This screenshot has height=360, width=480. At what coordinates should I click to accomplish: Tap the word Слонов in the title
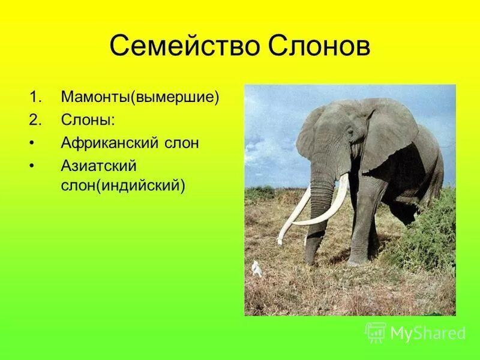pyautogui.click(x=318, y=46)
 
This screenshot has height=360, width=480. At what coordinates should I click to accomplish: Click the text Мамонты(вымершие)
pyautogui.click(x=140, y=97)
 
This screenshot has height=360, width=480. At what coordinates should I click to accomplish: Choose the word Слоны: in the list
pyautogui.click(x=88, y=120)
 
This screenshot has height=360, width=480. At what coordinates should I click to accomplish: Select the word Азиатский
pyautogui.click(x=99, y=166)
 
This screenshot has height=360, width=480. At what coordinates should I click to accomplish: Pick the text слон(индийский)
pyautogui.click(x=123, y=185)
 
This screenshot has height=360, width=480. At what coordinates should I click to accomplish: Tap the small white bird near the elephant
pyautogui.click(x=257, y=268)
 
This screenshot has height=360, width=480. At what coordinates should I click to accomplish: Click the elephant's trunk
pyautogui.click(x=320, y=204)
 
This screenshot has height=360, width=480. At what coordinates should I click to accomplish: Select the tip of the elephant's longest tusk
pyautogui.click(x=279, y=242)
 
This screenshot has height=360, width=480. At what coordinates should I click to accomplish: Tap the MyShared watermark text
pyautogui.click(x=427, y=333)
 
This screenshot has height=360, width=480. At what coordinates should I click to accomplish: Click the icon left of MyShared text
pyautogui.click(x=376, y=332)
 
